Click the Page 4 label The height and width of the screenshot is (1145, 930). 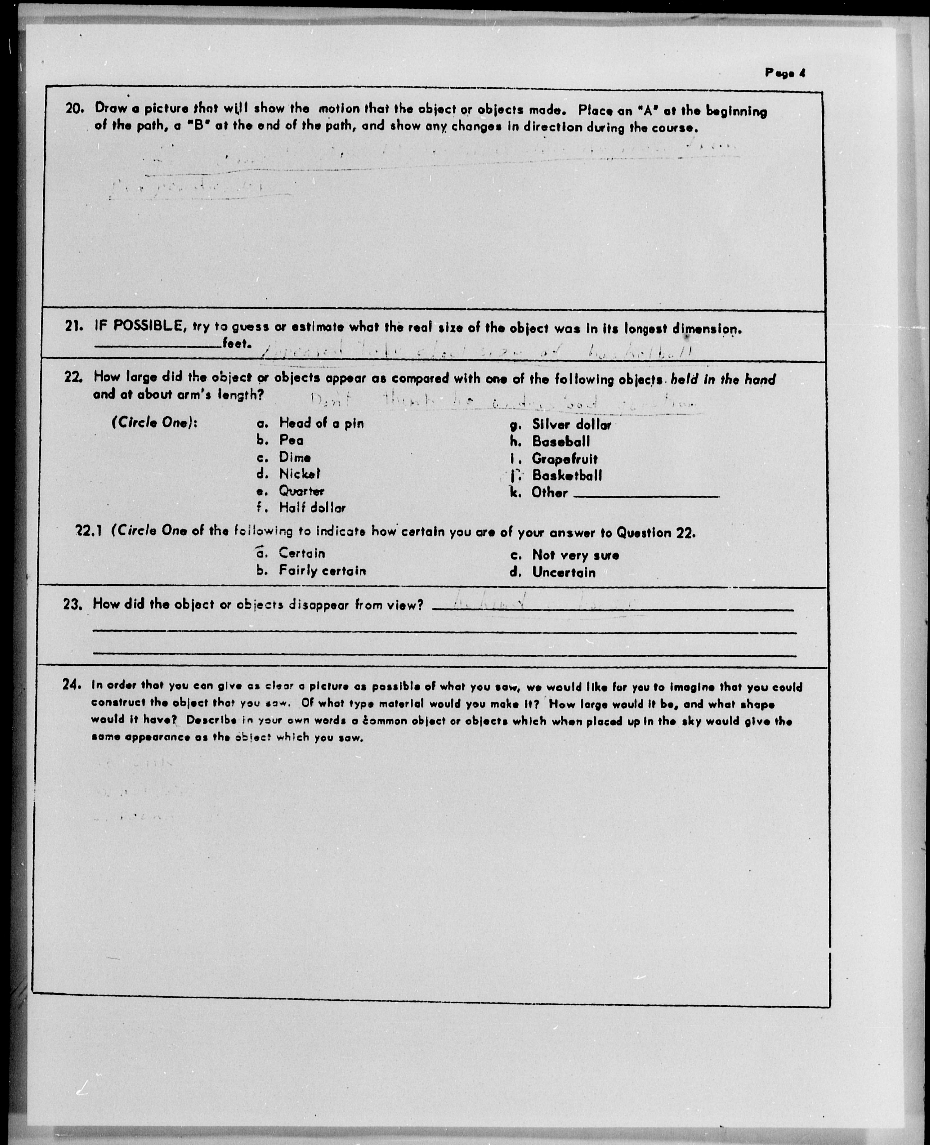coord(785,73)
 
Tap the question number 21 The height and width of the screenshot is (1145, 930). coord(75,326)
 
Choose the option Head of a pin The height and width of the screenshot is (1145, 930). coord(321,423)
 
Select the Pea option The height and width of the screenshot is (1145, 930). coord(291,440)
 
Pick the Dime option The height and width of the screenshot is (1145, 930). coord(295,457)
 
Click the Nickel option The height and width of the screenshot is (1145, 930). coord(299,474)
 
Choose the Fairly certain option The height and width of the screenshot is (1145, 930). coord(322,571)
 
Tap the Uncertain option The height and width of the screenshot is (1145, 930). coord(563,572)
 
